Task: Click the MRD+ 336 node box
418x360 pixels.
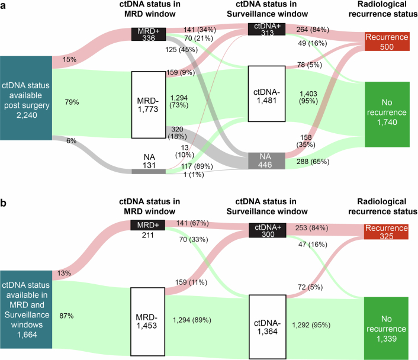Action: click(149, 34)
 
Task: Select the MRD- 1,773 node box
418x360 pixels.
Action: click(149, 104)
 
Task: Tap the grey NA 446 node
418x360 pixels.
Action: click(265, 159)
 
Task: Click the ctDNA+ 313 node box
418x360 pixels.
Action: click(265, 30)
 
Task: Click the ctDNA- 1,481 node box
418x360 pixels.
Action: click(265, 94)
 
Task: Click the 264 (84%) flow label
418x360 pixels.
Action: click(305, 30)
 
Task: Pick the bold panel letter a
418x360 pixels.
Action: click(4, 6)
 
